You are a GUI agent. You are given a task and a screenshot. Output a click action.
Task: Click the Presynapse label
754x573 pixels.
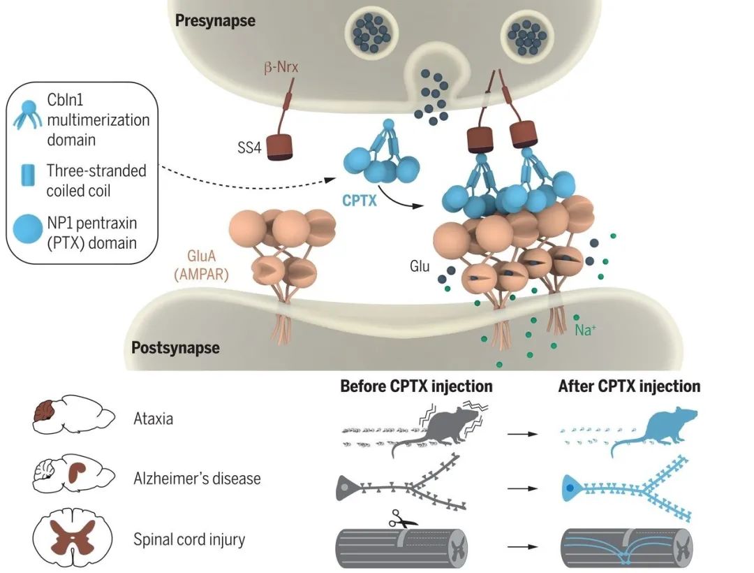215,20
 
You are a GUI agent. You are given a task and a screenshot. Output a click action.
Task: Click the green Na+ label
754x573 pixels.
584,328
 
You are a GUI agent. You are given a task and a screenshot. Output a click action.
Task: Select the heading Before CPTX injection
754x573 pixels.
416,386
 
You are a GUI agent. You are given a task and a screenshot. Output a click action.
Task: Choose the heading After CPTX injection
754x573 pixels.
629,386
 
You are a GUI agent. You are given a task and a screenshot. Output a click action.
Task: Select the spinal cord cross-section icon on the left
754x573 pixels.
73,540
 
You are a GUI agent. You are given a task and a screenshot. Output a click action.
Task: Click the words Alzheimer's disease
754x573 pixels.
197,479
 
